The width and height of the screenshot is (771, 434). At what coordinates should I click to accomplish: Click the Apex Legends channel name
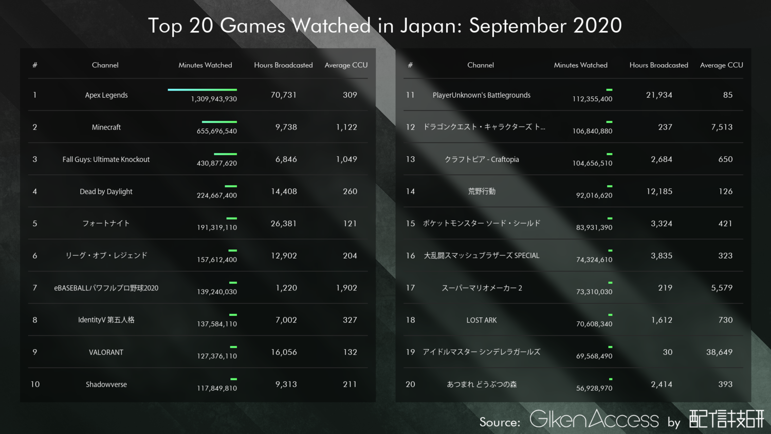106,95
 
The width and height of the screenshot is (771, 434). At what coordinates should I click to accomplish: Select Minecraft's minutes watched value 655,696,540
216,131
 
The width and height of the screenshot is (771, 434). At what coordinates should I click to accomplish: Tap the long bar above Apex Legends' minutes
202,89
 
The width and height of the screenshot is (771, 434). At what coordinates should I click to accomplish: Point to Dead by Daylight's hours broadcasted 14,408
284,191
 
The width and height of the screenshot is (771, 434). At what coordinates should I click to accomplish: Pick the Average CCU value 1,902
346,288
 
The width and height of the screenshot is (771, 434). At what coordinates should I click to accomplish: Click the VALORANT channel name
106,352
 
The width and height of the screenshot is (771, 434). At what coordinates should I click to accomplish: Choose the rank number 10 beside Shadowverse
35,384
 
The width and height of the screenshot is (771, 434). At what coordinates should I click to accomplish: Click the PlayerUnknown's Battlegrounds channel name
481,95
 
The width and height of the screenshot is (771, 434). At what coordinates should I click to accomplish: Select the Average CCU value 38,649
719,352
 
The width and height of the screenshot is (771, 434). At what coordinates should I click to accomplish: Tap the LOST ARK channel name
481,320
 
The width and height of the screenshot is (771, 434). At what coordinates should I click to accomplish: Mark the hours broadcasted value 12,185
659,191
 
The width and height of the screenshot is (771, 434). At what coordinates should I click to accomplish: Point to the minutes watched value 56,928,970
594,388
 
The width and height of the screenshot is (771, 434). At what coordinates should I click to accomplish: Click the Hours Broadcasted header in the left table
283,65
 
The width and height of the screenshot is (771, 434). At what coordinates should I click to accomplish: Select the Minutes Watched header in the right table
580,65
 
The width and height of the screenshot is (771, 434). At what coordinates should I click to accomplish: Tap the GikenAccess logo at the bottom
594,419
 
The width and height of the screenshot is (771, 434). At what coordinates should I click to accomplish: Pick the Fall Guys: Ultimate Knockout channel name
106,159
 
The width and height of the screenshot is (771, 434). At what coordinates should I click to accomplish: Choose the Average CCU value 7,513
722,127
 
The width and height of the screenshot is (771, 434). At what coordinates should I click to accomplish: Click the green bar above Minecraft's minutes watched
219,122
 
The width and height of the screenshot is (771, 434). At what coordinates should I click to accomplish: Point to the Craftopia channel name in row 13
481,159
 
